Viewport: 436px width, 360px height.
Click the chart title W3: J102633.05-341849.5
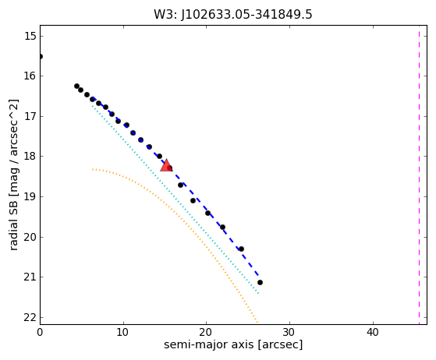[233, 14]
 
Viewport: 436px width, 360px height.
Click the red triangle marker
[166, 165]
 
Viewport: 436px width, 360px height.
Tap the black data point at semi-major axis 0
[41, 57]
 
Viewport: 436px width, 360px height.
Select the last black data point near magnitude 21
[260, 283]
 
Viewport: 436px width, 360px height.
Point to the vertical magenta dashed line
[419, 175]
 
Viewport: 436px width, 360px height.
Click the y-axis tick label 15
[30, 36]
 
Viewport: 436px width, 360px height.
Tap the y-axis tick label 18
[30, 156]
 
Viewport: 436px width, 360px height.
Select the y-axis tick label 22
[30, 317]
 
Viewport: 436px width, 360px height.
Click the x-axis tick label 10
[122, 332]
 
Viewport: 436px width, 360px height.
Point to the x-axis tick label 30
[289, 332]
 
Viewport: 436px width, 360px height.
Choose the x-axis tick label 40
[373, 332]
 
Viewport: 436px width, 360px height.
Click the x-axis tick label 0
[40, 332]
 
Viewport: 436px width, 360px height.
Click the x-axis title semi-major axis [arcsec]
[233, 344]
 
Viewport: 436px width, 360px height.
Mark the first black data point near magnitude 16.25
[76, 86]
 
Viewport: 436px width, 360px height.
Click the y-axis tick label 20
[30, 237]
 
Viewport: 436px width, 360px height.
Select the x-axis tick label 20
[206, 332]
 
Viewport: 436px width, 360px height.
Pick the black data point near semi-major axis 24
[241, 249]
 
